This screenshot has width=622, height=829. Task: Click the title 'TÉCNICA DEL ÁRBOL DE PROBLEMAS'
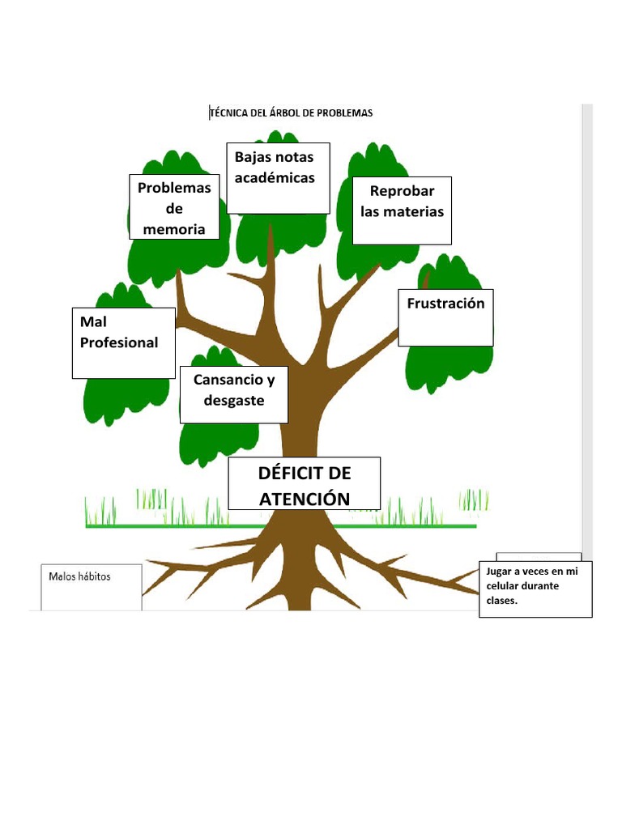(292, 113)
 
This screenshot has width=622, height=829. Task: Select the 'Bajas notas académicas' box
(278, 178)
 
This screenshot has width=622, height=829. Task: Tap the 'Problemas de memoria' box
(174, 207)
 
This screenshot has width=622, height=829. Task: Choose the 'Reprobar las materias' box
(402, 210)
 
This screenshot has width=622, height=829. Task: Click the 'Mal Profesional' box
(123, 342)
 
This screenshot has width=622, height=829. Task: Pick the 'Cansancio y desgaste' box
(234, 394)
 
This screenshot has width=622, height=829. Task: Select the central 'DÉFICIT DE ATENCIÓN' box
(304, 484)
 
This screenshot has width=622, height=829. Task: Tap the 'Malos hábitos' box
(92, 586)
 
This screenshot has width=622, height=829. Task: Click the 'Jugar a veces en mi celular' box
(535, 589)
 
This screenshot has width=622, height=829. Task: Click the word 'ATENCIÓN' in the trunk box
(305, 499)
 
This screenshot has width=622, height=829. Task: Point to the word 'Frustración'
(445, 304)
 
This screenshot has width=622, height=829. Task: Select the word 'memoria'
(174, 229)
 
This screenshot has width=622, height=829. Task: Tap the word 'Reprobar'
(403, 191)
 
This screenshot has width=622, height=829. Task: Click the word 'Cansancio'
(228, 380)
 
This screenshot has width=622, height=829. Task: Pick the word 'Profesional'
(119, 342)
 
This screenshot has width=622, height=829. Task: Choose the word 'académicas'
(275, 177)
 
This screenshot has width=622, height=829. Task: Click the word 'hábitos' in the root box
(94, 576)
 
